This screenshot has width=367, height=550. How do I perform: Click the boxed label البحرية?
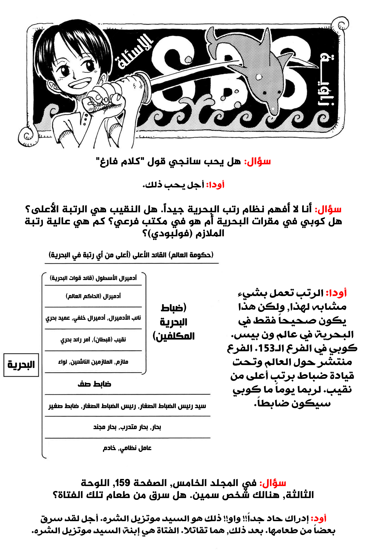click(x=21, y=365)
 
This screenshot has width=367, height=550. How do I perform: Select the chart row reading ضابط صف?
click(x=94, y=384)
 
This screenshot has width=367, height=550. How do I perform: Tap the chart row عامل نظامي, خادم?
click(x=127, y=448)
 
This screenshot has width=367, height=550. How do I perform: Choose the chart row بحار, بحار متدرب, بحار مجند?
click(x=127, y=427)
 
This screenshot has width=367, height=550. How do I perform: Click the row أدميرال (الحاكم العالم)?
click(x=93, y=296)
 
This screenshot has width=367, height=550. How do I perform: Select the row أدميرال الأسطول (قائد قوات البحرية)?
click(x=93, y=278)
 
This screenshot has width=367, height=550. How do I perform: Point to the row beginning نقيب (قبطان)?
click(x=93, y=339)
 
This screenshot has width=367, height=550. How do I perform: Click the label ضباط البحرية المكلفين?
click(x=174, y=322)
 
